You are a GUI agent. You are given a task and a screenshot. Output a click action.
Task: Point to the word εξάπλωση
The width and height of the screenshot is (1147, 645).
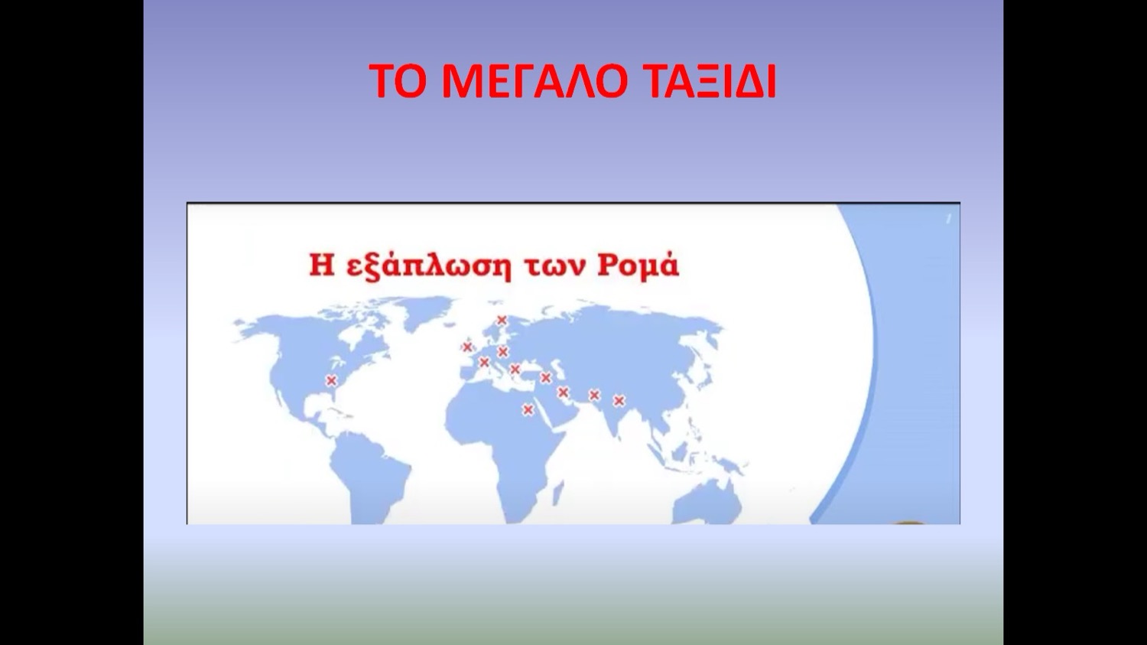pos(428,266)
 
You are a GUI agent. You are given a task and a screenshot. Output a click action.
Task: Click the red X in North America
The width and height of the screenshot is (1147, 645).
pos(331,380)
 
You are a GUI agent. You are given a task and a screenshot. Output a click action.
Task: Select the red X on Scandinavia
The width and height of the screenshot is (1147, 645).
pos(502,320)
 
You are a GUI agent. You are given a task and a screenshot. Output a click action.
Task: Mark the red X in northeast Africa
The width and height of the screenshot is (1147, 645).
pos(528,410)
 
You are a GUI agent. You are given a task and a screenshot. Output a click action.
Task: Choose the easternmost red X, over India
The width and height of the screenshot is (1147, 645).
pos(619,401)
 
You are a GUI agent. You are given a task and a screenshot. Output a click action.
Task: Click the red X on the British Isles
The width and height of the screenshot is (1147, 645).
pos(467,347)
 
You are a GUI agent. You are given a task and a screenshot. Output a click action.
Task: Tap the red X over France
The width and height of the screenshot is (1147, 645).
pos(484,363)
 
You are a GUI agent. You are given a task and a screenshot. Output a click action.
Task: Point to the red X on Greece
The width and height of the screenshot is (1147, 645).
pos(515,370)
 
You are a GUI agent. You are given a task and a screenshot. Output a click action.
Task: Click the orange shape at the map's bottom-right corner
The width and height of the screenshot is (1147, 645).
pos(910,523)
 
